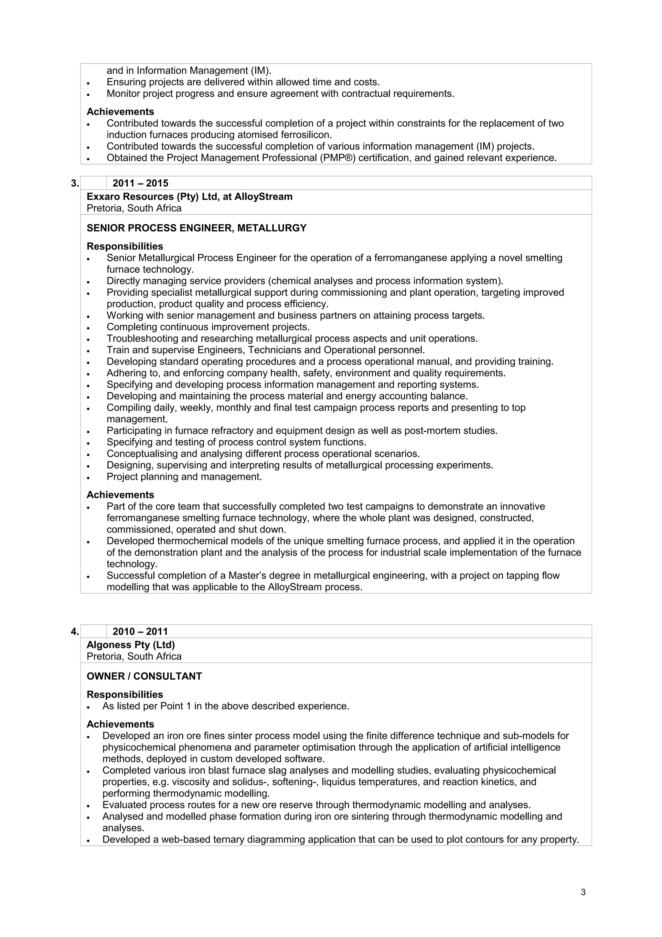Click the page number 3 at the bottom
pyautogui.click(x=583, y=892)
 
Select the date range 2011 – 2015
pyautogui.click(x=140, y=183)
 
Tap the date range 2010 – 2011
pyautogui.click(x=140, y=631)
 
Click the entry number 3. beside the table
pyautogui.click(x=75, y=183)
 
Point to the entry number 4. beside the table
pyautogui.click(x=75, y=631)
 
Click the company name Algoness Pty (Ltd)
pyautogui.click(x=131, y=645)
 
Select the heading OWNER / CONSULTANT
pyautogui.click(x=144, y=676)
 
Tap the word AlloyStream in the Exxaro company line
pyautogui.click(x=263, y=197)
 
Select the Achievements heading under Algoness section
pyautogui.click(x=120, y=724)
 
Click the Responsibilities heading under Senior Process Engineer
pyautogui.click(x=125, y=246)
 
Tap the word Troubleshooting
pyautogui.click(x=141, y=339)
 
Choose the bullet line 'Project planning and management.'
pyautogui.click(x=184, y=477)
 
